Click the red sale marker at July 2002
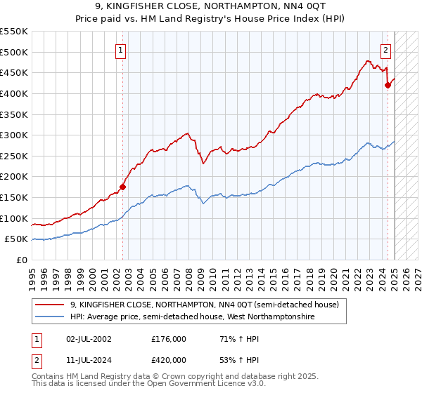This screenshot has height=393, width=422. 122,187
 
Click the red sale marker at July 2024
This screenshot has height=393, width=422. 388,85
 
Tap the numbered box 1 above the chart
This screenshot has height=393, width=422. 122,50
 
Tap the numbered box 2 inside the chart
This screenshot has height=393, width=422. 386,50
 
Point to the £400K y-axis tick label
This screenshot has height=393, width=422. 15,93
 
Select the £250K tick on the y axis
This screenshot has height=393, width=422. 15,156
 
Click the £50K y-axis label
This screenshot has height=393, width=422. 18,239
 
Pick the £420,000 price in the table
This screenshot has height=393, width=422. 169,359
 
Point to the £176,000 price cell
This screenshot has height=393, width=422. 169,338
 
